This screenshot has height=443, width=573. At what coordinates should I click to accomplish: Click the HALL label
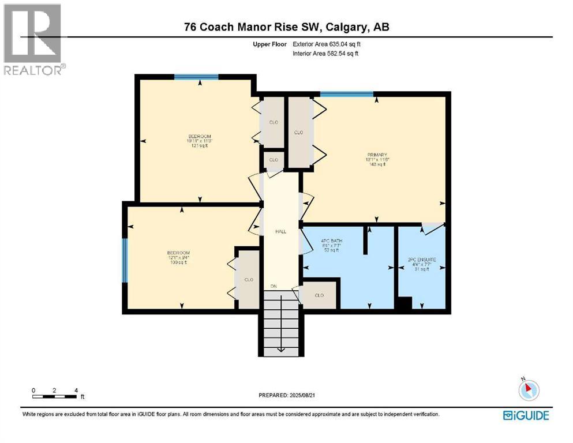pos(281,231)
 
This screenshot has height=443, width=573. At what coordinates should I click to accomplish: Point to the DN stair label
pos(274,286)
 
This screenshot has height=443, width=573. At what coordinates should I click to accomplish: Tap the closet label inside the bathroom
pos(319,295)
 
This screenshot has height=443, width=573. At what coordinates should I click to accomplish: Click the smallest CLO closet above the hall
pos(274,160)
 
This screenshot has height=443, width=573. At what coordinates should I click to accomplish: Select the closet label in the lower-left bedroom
pos(249,280)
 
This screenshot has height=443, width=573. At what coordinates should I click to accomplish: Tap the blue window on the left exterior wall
pos(125,260)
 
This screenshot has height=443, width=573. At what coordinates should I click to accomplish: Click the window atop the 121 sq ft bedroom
pos(196,77)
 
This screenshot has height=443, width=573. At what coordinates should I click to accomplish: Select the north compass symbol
pos(527,390)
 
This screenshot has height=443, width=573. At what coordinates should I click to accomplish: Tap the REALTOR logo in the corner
pos(33,39)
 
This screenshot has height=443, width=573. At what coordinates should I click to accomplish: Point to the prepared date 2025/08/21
pos(286,395)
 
